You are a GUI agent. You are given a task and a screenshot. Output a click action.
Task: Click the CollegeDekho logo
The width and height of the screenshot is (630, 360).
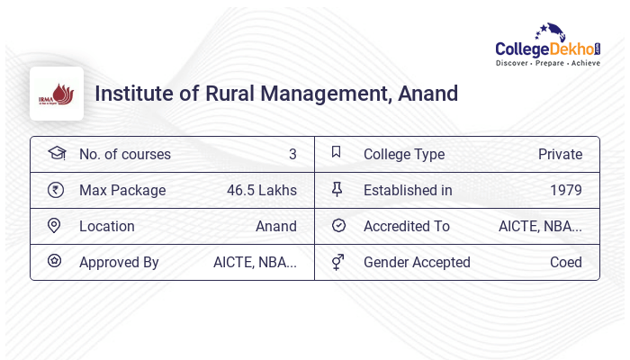pos(548,46)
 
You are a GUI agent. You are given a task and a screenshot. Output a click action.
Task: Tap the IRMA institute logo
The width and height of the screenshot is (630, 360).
pos(57,94)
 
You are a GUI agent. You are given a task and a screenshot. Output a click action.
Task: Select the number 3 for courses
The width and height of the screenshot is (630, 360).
pos(292,154)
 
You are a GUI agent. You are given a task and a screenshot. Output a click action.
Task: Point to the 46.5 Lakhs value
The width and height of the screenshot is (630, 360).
pos(262,190)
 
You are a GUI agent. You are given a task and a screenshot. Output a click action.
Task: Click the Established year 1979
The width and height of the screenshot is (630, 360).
pos(566,190)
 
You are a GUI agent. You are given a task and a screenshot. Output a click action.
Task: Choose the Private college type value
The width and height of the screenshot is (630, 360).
pos(560,154)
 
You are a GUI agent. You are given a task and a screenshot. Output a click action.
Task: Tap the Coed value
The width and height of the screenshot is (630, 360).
pos(566,262)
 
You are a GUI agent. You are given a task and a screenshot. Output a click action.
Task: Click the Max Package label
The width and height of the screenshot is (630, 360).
pos(122,190)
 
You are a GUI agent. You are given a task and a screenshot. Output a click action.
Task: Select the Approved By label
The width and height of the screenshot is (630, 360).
pos(119,262)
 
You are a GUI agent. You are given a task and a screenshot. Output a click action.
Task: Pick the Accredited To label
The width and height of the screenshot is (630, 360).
pos(407,226)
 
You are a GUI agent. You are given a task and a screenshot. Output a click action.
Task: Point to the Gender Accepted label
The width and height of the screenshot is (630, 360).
pos(417,262)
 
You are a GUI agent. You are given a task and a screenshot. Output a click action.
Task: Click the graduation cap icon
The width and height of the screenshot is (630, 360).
pos(56,153)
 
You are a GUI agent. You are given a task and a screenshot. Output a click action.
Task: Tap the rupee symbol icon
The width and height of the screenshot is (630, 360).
pos(56,189)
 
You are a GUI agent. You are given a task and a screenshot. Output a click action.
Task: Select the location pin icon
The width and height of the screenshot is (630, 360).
pos(55,225)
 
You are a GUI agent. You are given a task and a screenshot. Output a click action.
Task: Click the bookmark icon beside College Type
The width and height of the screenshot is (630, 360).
pos(337,152)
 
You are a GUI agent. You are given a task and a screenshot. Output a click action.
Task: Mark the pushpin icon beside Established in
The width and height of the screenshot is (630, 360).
pos(337,189)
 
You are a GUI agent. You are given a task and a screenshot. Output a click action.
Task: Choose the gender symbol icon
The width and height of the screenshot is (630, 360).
pos(337,261)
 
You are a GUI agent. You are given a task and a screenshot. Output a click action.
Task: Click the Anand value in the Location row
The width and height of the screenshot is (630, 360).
pos(276,226)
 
